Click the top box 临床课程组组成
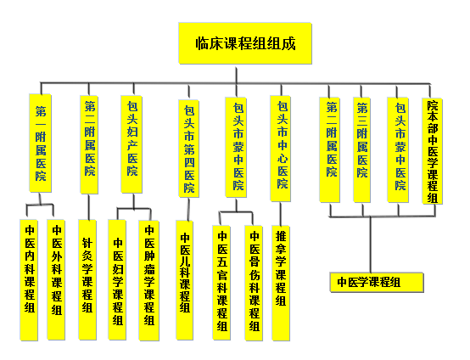245,43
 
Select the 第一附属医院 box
40,143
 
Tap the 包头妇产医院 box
131,144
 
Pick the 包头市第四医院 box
189,149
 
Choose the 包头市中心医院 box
280,149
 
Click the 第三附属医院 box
361,149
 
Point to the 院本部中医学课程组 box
432,151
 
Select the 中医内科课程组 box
29,280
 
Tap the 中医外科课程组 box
56,280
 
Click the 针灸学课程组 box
87,279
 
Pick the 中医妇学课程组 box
117,280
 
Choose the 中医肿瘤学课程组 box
149,280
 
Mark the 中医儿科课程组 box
185,280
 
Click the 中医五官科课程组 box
221,283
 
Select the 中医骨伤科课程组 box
254,284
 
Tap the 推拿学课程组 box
281,284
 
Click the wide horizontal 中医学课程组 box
377,282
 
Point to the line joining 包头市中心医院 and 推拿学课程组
281,214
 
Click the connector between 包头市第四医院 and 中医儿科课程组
188,209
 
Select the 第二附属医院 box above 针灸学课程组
89,144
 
